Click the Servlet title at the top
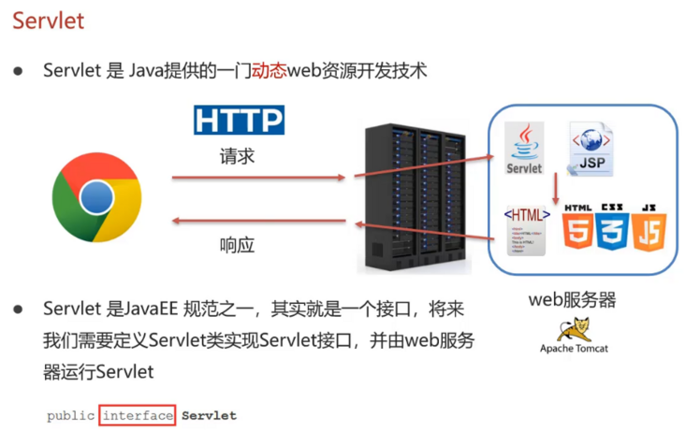[x=48, y=21]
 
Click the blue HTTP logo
[x=239, y=121]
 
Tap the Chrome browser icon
[x=96, y=197]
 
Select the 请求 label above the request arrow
[x=237, y=155]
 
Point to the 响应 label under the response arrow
[x=237, y=246]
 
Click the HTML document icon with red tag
[x=526, y=230]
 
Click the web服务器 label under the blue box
[x=573, y=301]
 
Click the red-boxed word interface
[x=138, y=415]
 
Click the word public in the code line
[x=70, y=415]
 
